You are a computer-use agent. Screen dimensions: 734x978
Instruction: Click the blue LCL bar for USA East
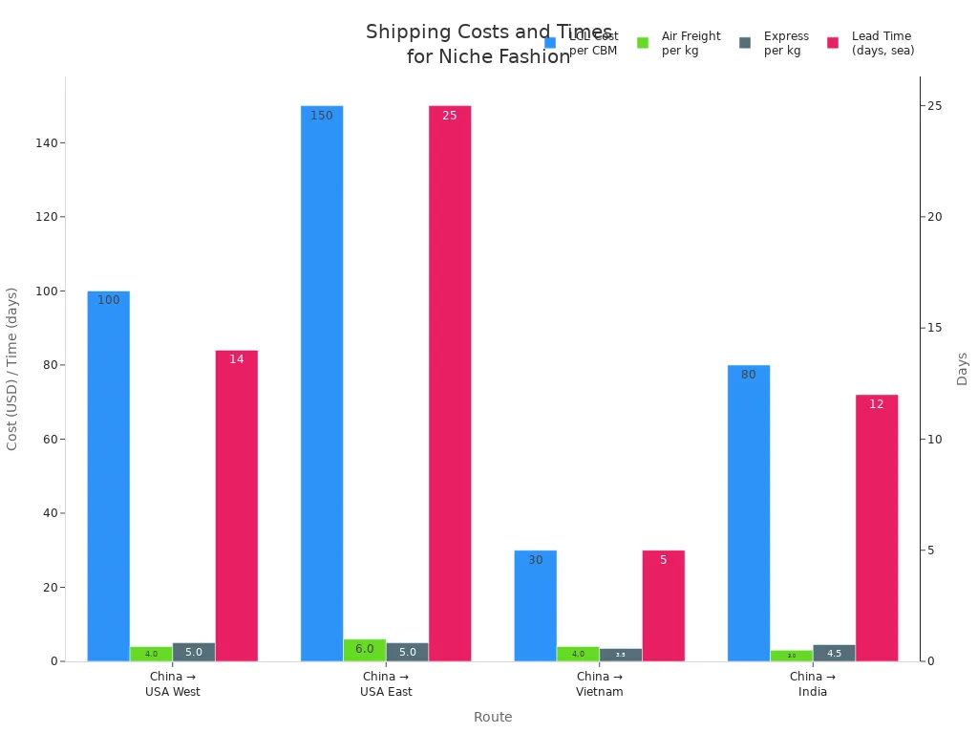click(322, 382)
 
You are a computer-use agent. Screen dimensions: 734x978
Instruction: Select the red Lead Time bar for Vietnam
click(663, 606)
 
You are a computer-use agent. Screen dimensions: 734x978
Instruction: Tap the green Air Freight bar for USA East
click(365, 650)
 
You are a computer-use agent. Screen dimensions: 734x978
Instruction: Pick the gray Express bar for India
click(834, 653)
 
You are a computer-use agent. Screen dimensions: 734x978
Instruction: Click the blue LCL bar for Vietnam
click(535, 606)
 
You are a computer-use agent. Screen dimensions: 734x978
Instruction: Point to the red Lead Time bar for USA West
click(236, 506)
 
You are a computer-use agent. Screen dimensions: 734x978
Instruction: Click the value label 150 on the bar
click(322, 116)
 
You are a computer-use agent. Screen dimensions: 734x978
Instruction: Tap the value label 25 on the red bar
click(450, 116)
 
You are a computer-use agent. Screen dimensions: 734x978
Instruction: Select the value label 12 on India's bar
click(876, 404)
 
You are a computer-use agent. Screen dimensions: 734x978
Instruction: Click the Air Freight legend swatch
click(643, 43)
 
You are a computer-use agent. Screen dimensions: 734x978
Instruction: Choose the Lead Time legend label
click(882, 43)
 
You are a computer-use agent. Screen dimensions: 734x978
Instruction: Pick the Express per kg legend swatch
click(745, 43)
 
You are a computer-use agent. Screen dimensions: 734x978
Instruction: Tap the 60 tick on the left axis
click(52, 440)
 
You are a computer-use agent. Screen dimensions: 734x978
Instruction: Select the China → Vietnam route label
click(600, 684)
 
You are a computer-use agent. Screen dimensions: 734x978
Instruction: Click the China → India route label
click(813, 684)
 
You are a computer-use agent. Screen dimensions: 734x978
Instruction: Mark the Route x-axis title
click(493, 718)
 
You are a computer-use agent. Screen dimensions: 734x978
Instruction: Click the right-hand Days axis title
click(962, 369)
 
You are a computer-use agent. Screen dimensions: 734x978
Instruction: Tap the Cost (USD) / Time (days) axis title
click(12, 369)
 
